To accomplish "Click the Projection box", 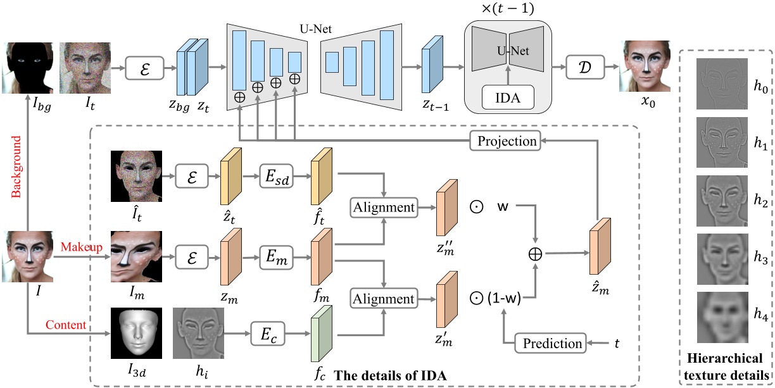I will [x=507, y=141].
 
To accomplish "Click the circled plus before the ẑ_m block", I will [x=537, y=254].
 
